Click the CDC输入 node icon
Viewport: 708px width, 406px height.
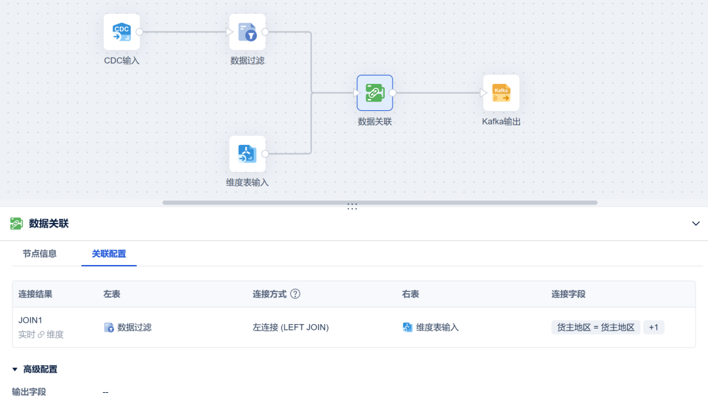(x=121, y=32)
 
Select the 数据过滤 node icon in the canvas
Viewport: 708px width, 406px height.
(x=247, y=32)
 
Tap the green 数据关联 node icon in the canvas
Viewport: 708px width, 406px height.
(x=375, y=93)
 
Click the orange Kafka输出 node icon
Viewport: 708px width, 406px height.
(x=501, y=93)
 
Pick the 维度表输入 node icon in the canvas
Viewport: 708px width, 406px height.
(x=247, y=154)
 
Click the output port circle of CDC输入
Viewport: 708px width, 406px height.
(x=140, y=32)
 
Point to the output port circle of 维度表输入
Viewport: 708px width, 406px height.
(x=265, y=154)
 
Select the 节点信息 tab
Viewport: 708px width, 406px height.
(x=40, y=254)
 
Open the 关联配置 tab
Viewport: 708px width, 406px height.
(x=109, y=254)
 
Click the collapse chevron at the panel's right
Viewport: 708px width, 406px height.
(x=696, y=224)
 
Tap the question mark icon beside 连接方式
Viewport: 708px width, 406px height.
(x=295, y=294)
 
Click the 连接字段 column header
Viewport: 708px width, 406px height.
(x=568, y=294)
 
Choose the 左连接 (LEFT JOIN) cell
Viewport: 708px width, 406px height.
(x=291, y=327)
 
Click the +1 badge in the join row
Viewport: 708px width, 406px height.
(x=654, y=327)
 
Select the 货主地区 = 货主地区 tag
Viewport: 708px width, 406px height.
(x=595, y=327)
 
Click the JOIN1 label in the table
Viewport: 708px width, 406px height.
(x=30, y=320)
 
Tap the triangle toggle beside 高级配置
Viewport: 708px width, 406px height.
(x=15, y=369)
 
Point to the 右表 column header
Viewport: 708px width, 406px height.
(x=410, y=294)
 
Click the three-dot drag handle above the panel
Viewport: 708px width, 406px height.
(x=352, y=206)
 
